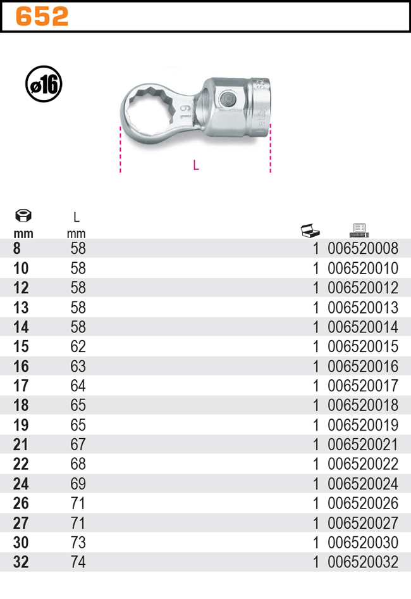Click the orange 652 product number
click(42, 17)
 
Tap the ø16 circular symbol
click(44, 85)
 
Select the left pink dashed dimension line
click(120, 149)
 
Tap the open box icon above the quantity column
click(310, 230)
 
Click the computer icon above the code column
click(359, 230)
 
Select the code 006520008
click(363, 249)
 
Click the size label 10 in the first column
click(21, 268)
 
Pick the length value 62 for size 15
click(78, 347)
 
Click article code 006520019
click(363, 426)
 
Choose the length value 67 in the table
click(78, 445)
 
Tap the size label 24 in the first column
click(21, 484)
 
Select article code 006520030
click(363, 543)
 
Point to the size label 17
click(21, 386)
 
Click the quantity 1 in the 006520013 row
click(316, 308)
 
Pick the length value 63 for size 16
click(78, 367)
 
